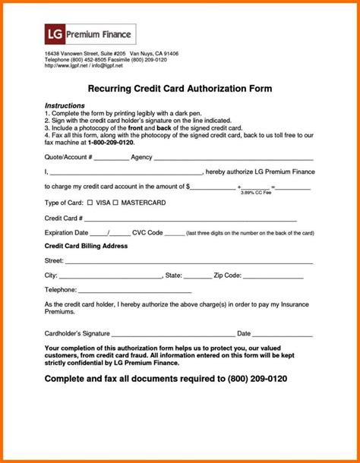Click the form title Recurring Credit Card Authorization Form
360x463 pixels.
[x=179, y=88]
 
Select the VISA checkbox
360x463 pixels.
[x=90, y=203]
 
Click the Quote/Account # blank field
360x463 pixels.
[x=112, y=159]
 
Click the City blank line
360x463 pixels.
[x=111, y=277]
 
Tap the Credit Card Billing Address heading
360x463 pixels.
[x=86, y=247]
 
